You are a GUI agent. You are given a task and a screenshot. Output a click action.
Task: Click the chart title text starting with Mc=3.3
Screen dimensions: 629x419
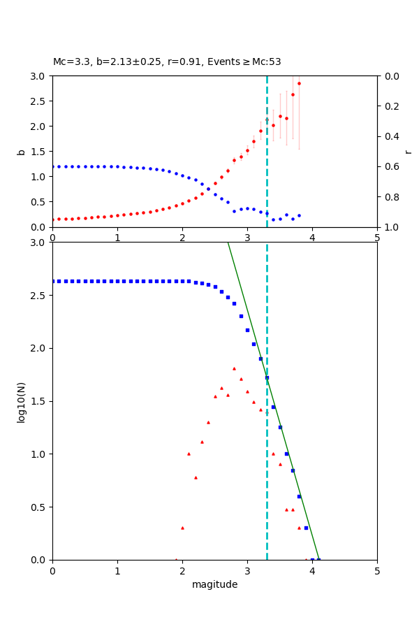(x=167, y=62)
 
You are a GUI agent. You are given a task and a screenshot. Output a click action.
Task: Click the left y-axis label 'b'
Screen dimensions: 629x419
(x=21, y=152)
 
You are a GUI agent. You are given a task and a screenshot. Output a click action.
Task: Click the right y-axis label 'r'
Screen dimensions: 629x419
(x=408, y=152)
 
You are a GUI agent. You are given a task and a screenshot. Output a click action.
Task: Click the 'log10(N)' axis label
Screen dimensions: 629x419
(x=21, y=401)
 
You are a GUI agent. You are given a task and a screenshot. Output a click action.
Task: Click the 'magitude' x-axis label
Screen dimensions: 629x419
(x=214, y=585)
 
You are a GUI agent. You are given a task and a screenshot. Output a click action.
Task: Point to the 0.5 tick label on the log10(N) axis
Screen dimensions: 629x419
(x=38, y=507)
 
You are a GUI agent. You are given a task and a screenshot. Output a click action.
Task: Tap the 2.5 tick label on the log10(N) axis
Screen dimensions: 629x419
(x=38, y=295)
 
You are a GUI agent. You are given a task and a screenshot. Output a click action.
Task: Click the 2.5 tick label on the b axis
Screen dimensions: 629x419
(x=38, y=101)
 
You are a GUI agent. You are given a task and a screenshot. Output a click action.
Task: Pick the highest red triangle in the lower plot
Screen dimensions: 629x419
(x=234, y=368)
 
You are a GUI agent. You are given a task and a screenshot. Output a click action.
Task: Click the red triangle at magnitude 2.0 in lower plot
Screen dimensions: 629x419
(x=182, y=528)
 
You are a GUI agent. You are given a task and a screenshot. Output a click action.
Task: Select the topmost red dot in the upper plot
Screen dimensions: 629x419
(x=299, y=83)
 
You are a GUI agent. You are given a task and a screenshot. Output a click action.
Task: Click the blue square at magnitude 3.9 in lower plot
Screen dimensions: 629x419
(x=306, y=528)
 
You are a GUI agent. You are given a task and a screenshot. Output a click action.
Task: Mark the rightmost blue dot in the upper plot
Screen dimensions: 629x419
(x=299, y=216)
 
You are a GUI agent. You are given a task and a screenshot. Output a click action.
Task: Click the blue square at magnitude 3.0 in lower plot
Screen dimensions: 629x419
(x=247, y=330)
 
